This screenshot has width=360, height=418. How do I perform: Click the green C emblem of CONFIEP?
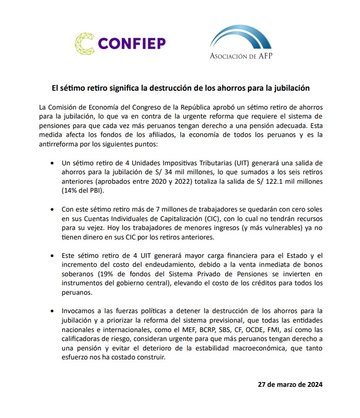(85, 43)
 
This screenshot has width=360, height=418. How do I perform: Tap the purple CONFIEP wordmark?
(132, 44)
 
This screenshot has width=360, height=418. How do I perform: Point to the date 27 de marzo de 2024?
(290, 384)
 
